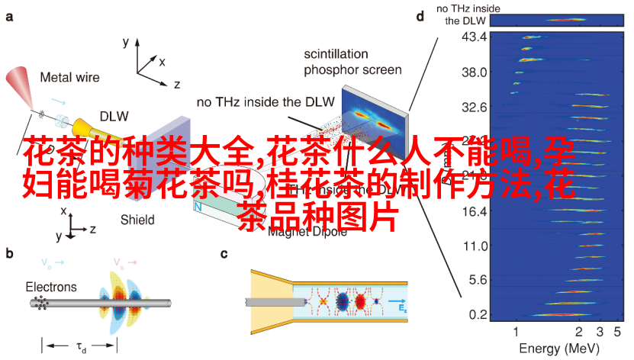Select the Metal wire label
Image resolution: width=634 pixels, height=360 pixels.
(71, 77)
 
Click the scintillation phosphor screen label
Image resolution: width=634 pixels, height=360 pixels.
(352, 63)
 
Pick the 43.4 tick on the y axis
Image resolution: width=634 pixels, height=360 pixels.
(474, 37)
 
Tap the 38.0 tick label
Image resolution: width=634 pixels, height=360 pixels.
(474, 72)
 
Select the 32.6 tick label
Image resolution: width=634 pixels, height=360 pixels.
(474, 108)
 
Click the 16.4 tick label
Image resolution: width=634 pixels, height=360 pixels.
(474, 211)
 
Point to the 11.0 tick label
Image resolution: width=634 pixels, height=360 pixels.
(474, 246)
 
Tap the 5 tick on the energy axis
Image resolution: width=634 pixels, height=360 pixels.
(618, 332)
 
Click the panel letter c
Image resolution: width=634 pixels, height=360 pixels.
(224, 254)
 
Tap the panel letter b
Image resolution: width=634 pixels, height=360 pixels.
(9, 254)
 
